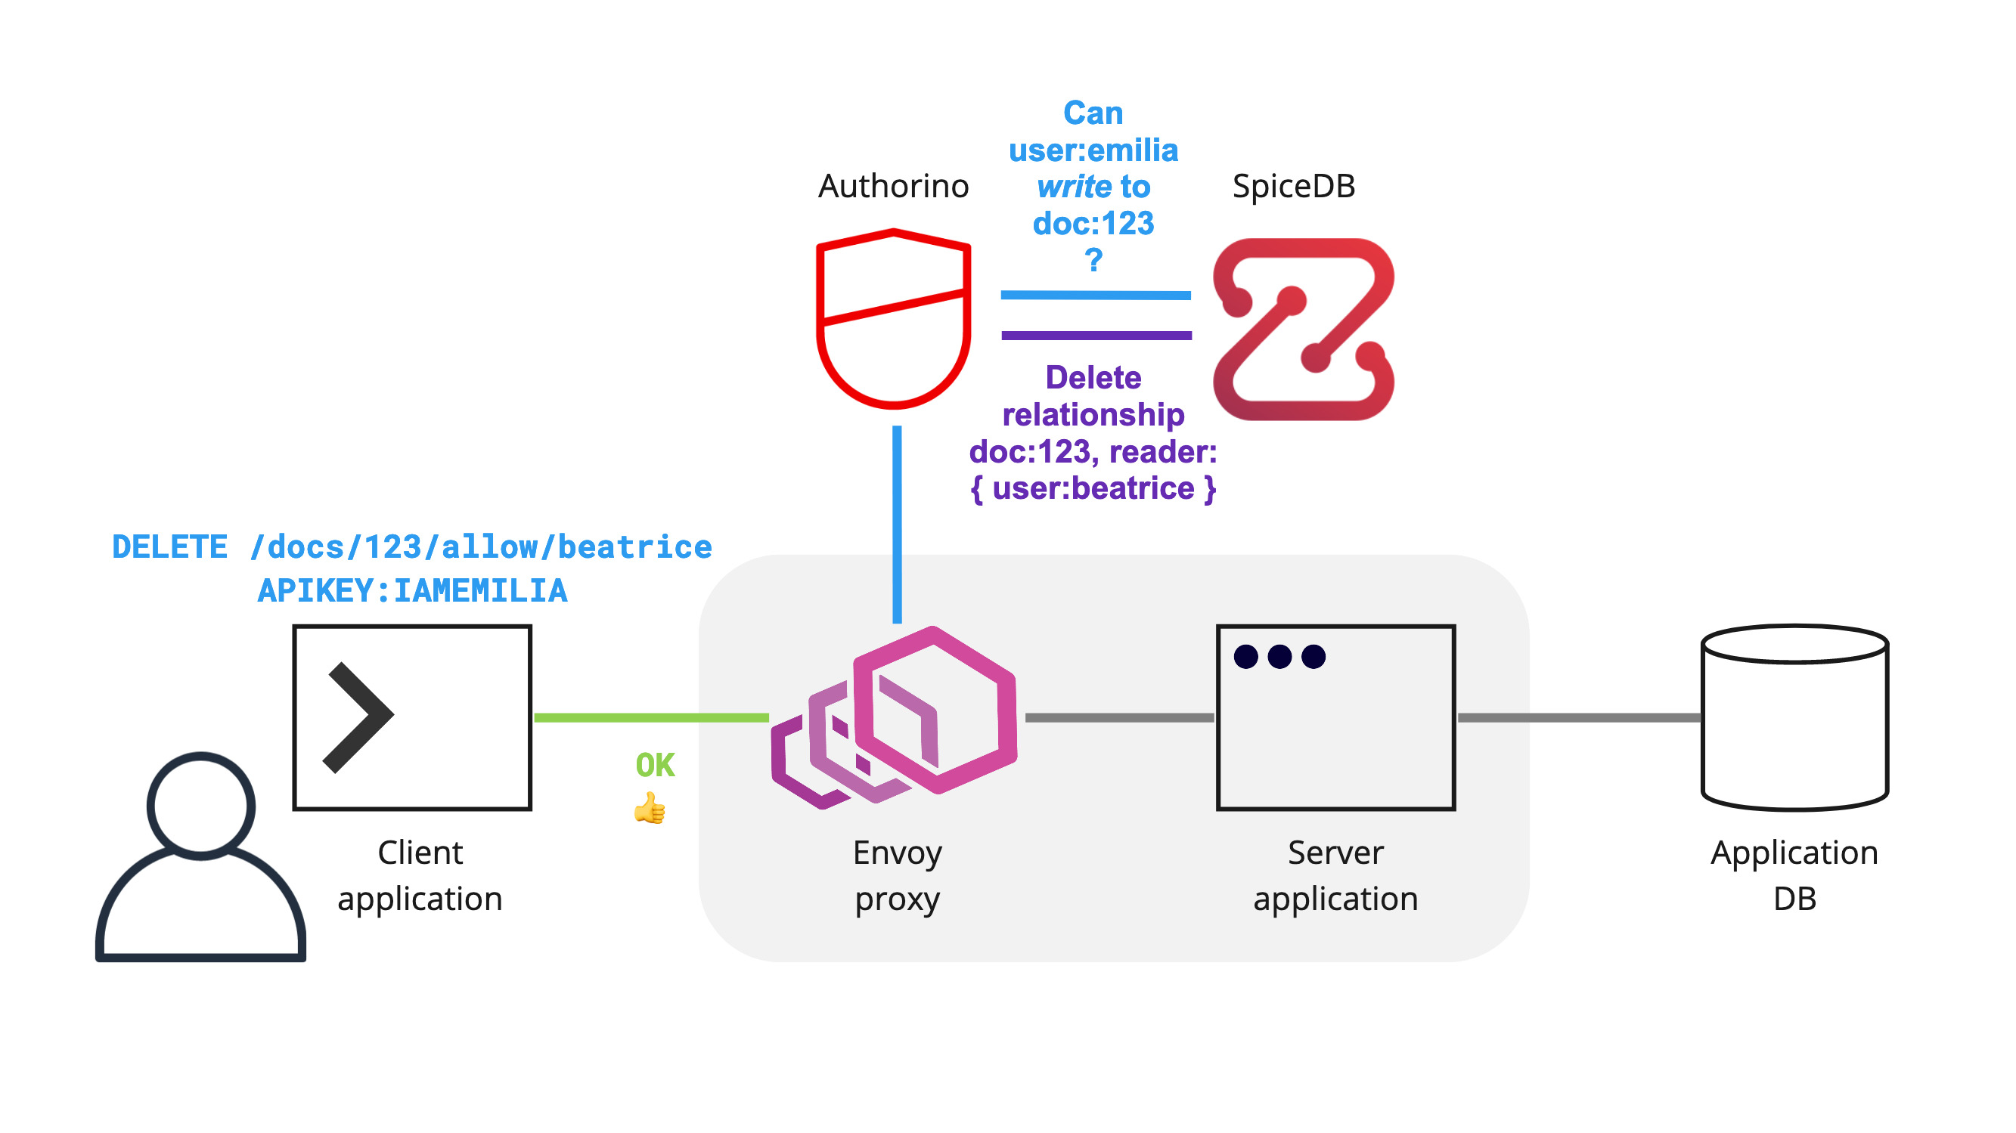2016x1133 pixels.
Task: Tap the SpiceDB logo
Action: [1303, 330]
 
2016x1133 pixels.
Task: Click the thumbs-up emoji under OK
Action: [650, 808]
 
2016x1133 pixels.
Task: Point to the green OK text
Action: [655, 765]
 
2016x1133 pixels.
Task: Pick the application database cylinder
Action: [1794, 717]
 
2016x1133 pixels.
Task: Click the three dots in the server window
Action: [1279, 657]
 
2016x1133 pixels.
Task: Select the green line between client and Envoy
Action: [650, 717]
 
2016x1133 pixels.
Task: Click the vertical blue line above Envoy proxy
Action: [897, 525]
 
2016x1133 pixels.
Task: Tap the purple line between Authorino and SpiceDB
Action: [1096, 336]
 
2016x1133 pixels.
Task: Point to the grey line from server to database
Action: [1577, 717]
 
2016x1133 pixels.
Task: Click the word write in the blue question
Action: [1074, 187]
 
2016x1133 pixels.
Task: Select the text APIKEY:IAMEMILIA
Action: [412, 591]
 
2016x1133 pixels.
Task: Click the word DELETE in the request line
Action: [170, 547]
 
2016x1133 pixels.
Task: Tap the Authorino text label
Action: [893, 186]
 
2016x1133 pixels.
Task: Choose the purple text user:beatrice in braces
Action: [1093, 488]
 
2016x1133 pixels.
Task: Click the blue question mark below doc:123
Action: [1093, 259]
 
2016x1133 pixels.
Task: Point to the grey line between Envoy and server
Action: [1119, 717]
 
